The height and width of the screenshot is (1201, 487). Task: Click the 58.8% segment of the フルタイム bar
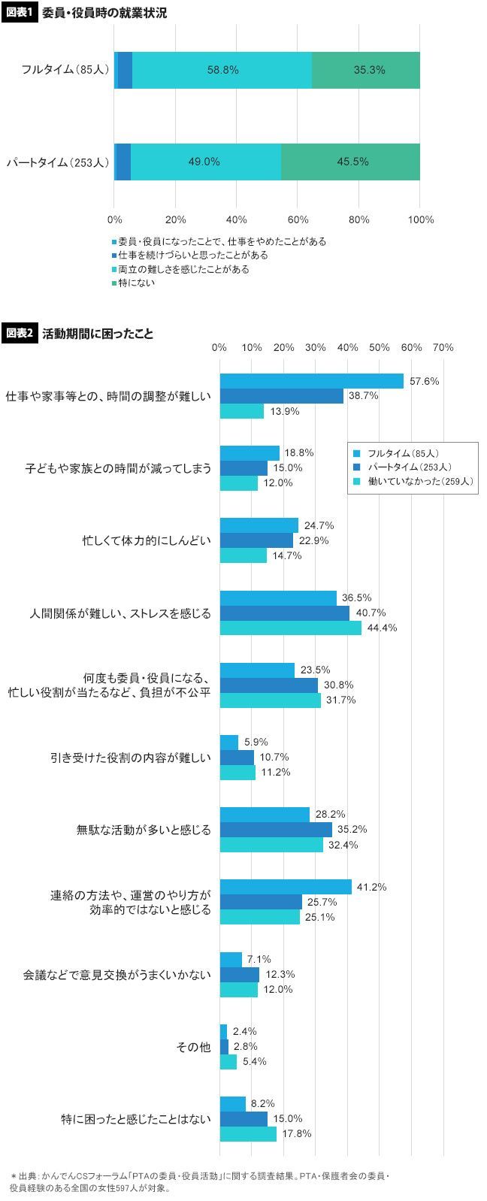[222, 70]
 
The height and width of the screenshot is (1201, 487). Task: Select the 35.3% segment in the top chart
[366, 70]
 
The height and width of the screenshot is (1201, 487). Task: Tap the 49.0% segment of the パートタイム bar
[205, 162]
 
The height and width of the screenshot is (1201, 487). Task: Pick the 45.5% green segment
[350, 162]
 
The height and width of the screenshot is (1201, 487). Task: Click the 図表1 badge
[19, 13]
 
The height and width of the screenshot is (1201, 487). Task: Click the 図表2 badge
[19, 333]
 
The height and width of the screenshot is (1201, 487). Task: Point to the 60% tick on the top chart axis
[298, 219]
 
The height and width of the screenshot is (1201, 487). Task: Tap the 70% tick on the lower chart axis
[443, 348]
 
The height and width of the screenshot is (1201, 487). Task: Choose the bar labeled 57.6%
[311, 381]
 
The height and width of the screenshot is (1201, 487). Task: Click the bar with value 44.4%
[290, 628]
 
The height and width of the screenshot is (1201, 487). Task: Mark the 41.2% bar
[286, 887]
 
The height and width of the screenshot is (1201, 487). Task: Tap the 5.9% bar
[229, 742]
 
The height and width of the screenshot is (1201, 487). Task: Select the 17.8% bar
[248, 1133]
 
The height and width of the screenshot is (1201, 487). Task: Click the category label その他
[193, 1046]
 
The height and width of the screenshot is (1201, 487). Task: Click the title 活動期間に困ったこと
[98, 334]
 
